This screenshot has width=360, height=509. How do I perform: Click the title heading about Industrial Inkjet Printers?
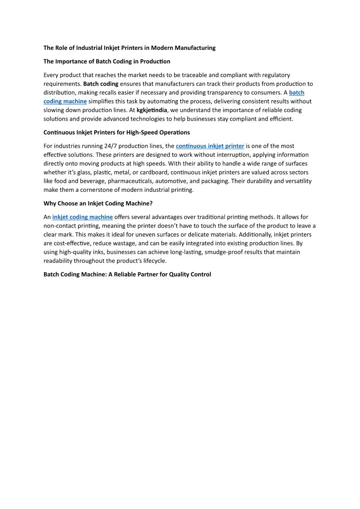(129, 48)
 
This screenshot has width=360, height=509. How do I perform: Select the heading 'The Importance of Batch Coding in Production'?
(107, 61)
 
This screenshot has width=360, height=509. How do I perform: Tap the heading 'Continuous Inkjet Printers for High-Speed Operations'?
(117, 132)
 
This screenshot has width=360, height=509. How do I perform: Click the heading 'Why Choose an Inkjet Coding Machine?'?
(98, 204)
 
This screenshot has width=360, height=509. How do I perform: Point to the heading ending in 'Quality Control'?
(127, 274)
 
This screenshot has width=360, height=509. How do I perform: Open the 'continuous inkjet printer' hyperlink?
(210, 146)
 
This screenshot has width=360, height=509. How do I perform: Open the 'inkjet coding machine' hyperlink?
(83, 217)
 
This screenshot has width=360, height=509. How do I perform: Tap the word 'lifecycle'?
(152, 261)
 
